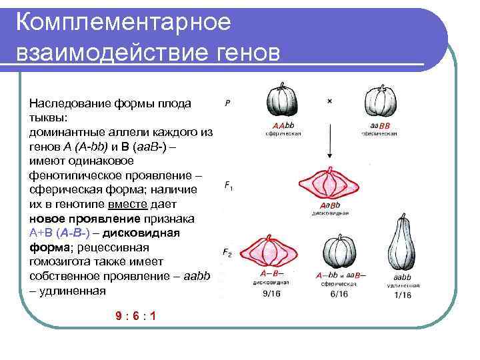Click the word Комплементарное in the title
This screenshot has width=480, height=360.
pyautogui.click(x=123, y=21)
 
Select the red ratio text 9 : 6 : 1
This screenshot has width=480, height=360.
pyautogui.click(x=135, y=316)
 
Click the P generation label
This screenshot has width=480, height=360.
pyautogui.click(x=228, y=104)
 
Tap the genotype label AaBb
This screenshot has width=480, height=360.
pyautogui.click(x=331, y=205)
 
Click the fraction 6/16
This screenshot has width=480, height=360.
pyautogui.click(x=339, y=293)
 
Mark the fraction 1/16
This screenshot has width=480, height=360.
pyautogui.click(x=403, y=294)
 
